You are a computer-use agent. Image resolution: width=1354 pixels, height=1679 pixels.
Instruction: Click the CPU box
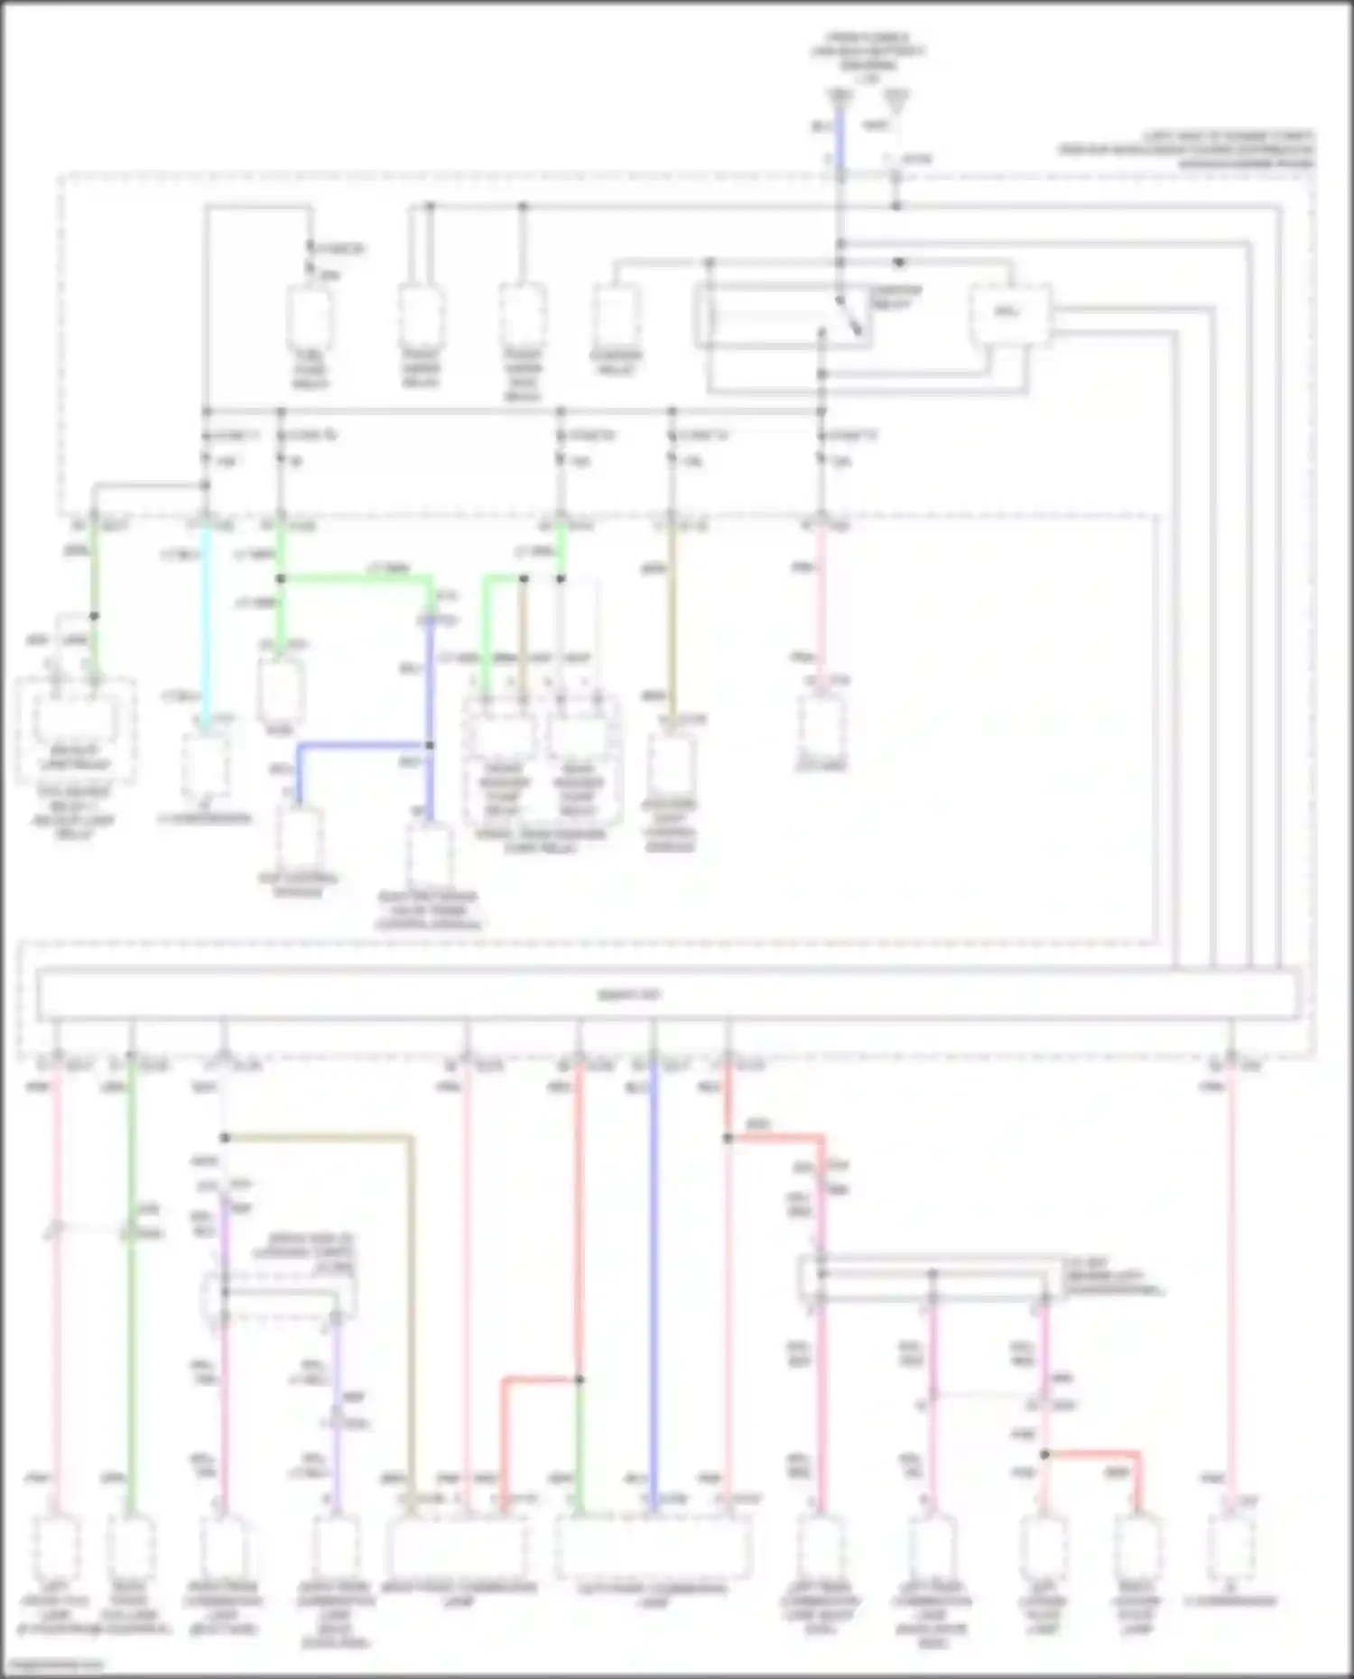click(x=1010, y=313)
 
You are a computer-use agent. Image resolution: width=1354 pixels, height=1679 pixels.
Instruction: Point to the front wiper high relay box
click(x=522, y=316)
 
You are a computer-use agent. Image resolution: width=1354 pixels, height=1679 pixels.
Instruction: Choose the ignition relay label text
click(x=895, y=298)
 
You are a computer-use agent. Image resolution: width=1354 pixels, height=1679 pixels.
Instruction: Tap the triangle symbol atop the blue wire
click(x=840, y=96)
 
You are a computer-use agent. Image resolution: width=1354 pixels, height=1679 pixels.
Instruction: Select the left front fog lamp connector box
click(x=57, y=1547)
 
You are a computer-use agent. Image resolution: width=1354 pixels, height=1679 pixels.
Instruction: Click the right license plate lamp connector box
click(x=1137, y=1547)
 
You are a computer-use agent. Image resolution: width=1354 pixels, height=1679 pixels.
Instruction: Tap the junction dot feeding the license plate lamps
click(x=1044, y=1454)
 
